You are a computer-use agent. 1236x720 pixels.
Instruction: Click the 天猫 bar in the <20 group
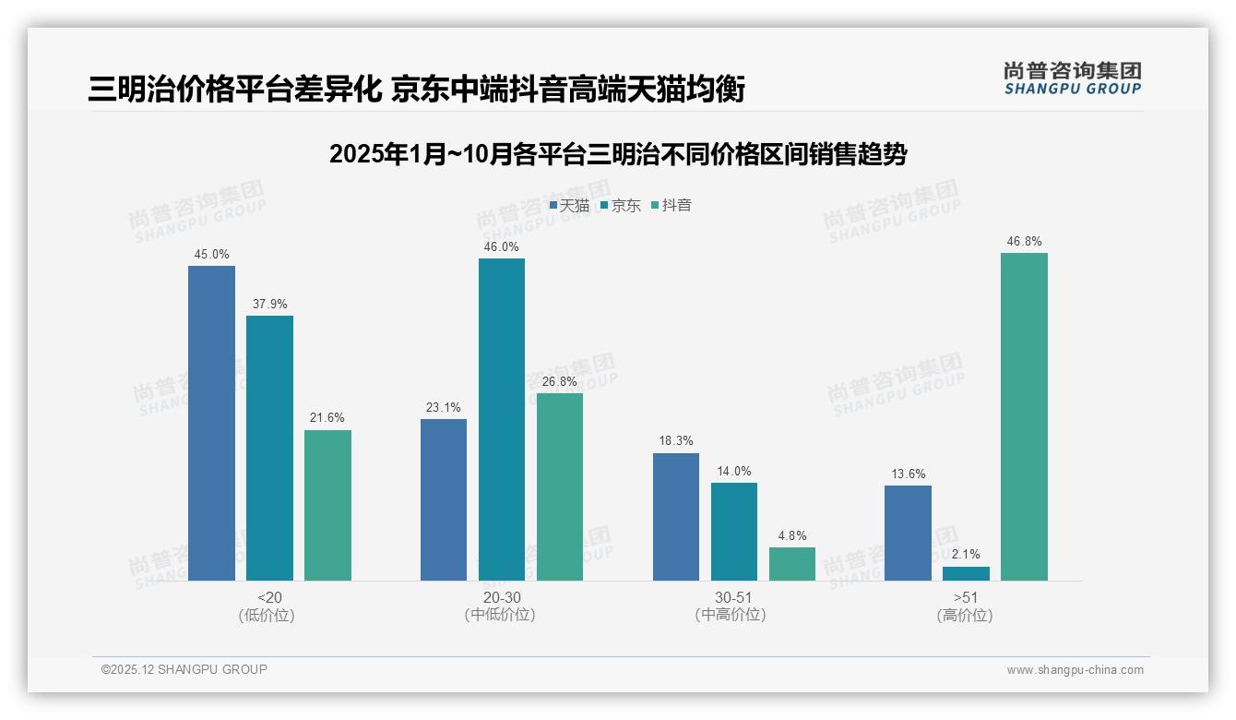pos(211,423)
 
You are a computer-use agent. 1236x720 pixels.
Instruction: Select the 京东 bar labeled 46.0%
pos(501,419)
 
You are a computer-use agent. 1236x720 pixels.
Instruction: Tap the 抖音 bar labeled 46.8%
pos(1024,416)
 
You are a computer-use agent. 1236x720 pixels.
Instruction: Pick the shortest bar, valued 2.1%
pos(966,573)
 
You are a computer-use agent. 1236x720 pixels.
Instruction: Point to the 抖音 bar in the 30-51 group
pos(792,564)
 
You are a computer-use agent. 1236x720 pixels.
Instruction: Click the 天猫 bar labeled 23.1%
pos(444,499)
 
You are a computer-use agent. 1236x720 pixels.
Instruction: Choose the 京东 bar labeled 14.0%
pos(734,532)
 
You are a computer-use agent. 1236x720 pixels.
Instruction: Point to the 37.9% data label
pos(269,304)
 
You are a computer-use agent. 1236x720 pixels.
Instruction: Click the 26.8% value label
pos(559,381)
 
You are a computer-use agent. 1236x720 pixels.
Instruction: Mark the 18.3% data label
pos(676,441)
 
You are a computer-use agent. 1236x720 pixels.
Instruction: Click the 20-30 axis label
pos(501,597)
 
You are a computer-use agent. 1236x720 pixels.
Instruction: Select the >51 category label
pos(965,597)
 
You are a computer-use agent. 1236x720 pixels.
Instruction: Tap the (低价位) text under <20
pos(267,615)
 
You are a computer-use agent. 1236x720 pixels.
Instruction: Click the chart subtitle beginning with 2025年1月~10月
pos(617,154)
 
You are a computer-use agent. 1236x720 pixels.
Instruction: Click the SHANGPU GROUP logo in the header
pos(1072,78)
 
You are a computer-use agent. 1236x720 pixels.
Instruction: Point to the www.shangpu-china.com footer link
pos(1075,670)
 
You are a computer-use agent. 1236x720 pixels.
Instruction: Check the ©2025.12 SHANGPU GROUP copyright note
pos(184,669)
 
